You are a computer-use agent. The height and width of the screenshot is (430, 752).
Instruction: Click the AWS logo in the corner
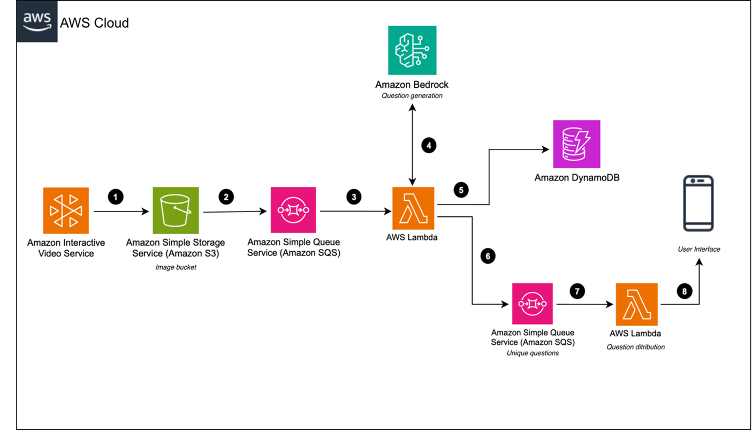37,22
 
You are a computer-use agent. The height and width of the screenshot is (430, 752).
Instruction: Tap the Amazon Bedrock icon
412,50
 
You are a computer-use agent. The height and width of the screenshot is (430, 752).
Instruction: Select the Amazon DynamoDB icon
576,144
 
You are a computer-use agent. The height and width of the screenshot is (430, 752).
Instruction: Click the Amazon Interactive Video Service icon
66,210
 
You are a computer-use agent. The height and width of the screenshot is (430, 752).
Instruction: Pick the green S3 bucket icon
176,210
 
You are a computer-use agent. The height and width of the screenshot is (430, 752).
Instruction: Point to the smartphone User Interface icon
698,203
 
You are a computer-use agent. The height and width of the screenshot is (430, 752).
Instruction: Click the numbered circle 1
116,197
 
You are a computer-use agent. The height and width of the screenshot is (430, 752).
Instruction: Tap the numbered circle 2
226,197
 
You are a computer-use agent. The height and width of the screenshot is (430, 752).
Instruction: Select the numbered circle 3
354,197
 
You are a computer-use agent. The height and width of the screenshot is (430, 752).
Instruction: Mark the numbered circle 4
429,145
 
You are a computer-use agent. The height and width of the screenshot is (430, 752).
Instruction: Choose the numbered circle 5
461,190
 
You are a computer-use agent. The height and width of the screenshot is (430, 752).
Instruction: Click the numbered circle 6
488,256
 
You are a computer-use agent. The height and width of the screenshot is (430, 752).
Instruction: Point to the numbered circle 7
577,291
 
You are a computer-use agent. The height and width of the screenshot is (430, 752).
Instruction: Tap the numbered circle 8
685,291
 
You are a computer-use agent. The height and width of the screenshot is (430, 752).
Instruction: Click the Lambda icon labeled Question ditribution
637,304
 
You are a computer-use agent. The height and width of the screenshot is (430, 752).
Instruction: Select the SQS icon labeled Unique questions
532,304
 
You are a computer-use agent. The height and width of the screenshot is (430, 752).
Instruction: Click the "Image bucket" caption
176,267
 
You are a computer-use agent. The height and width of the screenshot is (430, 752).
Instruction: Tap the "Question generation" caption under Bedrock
412,96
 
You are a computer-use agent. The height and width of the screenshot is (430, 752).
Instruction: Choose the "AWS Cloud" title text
94,23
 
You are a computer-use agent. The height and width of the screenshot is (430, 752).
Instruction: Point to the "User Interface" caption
698,249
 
